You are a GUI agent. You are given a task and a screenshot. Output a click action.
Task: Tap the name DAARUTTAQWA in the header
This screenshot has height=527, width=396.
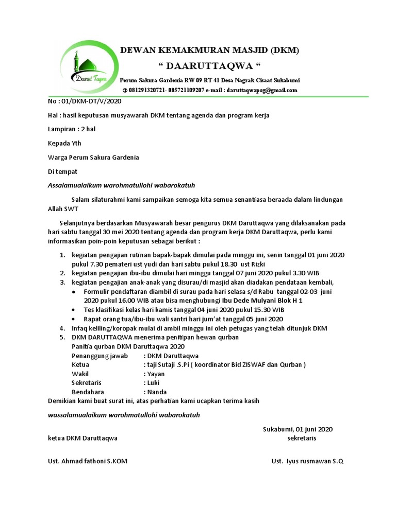coord(209,67)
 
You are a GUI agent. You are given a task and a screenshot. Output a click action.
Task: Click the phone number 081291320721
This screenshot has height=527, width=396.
coord(148,90)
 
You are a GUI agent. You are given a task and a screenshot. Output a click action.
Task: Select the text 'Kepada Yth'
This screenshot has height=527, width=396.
coord(64,143)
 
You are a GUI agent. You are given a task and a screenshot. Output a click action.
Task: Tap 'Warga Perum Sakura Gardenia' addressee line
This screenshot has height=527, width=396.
coord(93,157)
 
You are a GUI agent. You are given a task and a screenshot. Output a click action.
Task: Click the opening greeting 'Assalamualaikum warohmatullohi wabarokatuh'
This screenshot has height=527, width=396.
coord(121,185)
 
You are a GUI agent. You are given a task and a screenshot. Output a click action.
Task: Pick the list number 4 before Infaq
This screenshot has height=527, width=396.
coord(62,328)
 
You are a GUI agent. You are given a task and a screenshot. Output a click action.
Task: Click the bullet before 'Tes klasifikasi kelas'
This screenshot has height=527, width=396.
coord(74,310)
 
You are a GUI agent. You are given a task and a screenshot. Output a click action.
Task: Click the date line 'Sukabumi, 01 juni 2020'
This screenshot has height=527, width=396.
coord(298,429)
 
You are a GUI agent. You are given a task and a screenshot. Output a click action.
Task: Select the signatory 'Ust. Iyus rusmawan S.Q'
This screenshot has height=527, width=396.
coord(307,461)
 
